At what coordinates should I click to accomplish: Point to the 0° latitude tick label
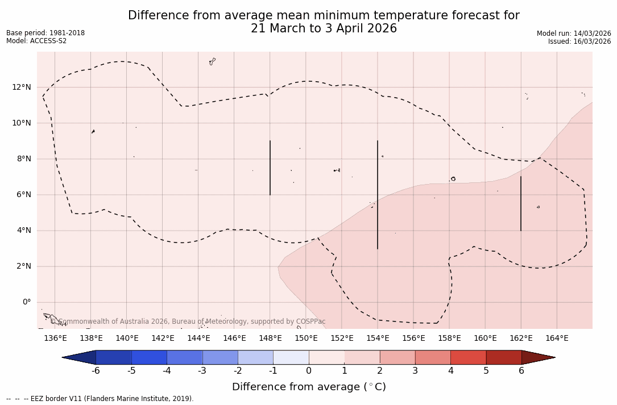[27, 302]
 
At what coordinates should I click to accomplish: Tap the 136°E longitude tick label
[55, 339]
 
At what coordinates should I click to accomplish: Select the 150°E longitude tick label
[306, 339]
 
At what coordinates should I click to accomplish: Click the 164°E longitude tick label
[557, 339]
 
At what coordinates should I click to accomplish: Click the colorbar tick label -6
[96, 371]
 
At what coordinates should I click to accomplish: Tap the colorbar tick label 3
[415, 371]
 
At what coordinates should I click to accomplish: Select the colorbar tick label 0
[309, 371]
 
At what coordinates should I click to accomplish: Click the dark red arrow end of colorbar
[537, 357]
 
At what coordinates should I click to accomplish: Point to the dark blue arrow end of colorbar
[80, 357]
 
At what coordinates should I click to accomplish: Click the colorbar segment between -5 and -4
[149, 357]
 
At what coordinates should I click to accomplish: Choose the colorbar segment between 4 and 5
[468, 357]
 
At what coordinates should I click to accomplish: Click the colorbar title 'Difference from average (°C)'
[309, 387]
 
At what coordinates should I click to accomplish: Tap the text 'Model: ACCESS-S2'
[36, 41]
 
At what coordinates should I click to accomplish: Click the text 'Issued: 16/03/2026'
[579, 41]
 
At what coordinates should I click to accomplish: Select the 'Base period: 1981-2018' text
[45, 33]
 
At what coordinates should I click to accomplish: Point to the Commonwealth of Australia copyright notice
[188, 322]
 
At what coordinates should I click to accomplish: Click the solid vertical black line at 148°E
[270, 168]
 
